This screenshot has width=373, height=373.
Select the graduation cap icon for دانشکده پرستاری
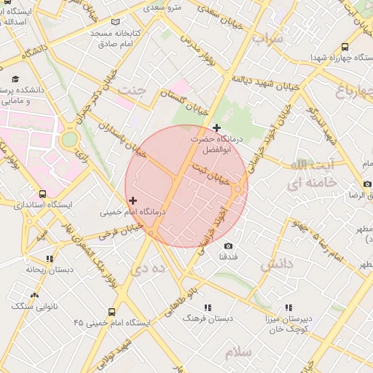15,79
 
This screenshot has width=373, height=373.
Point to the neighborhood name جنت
133,90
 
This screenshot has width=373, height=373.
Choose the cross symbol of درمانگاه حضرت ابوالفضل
216,128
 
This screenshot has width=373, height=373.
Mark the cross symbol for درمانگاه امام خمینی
132,200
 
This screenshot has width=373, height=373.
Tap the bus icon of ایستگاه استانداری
43,195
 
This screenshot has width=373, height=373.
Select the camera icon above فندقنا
228,246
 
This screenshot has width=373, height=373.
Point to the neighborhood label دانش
276,262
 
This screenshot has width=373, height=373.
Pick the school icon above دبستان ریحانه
50,258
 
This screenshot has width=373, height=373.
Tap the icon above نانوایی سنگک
34,295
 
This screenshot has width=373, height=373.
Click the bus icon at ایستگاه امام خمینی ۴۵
111,321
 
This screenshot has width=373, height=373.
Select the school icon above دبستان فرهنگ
208,307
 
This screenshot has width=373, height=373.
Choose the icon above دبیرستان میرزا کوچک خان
288,308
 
